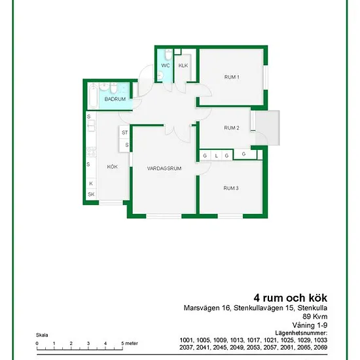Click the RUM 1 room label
(x=232, y=77)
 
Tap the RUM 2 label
(x=232, y=128)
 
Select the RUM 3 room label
(x=231, y=189)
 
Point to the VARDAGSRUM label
(x=164, y=168)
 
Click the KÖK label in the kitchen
(x=113, y=167)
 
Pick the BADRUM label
(x=115, y=99)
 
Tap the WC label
(x=166, y=65)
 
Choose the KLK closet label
(x=183, y=65)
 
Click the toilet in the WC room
(x=168, y=54)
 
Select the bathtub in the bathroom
(x=93, y=96)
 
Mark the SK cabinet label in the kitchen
(x=91, y=194)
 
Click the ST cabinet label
(x=124, y=132)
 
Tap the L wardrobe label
(x=216, y=156)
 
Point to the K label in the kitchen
(x=91, y=183)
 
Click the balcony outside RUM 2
(x=268, y=128)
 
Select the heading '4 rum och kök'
(x=291, y=298)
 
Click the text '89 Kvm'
(x=315, y=316)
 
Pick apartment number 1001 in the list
(x=187, y=340)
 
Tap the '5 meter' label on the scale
(x=130, y=344)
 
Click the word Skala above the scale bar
(x=42, y=335)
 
